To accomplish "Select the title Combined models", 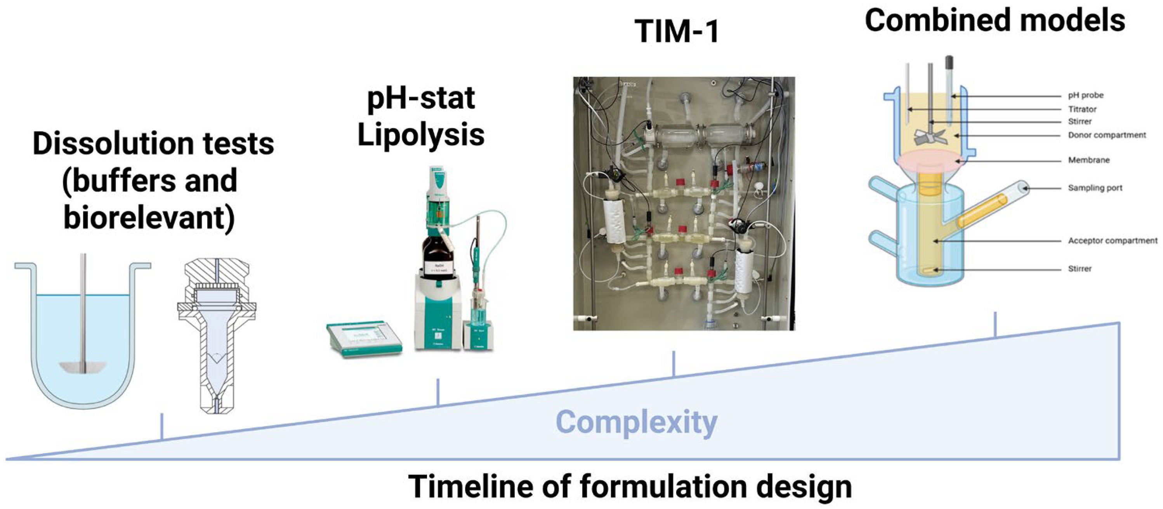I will pyautogui.click(x=995, y=21).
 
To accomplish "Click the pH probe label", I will pyautogui.click(x=1085, y=95).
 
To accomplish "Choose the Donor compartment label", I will pyautogui.click(x=1107, y=135).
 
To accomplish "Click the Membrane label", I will pyautogui.click(x=1088, y=160).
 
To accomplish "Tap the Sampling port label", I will pyautogui.click(x=1095, y=188).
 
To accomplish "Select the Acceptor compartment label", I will pyautogui.click(x=1113, y=241).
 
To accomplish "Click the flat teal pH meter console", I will pyautogui.click(x=364, y=338).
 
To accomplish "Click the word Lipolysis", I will pyautogui.click(x=421, y=135).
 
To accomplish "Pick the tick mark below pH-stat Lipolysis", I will pyautogui.click(x=437, y=392).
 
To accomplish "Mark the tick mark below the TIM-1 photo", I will pyautogui.click(x=673, y=363).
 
